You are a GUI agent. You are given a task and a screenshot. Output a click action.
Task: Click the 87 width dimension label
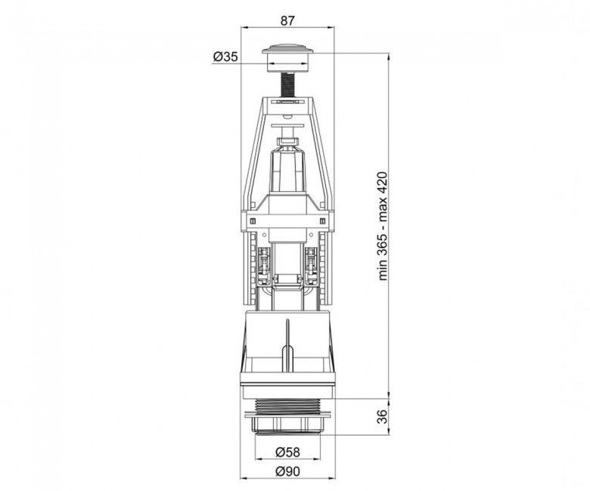point(287,20)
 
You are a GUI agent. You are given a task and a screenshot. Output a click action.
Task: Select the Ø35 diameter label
point(225,57)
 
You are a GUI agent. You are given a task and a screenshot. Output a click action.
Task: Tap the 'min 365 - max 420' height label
point(383,226)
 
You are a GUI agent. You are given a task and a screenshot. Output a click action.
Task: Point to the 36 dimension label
point(382,417)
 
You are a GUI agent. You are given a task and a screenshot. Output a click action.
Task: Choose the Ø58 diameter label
point(287,452)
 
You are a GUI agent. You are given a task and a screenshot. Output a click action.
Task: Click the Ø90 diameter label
point(287,471)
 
